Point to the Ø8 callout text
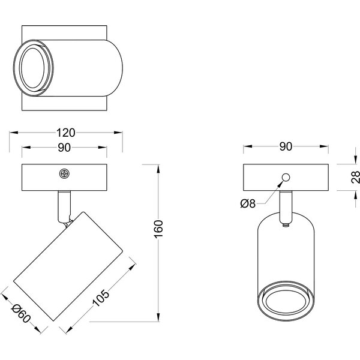pyautogui.click(x=248, y=204)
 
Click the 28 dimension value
pyautogui.click(x=355, y=176)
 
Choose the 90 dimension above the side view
pyautogui.click(x=286, y=146)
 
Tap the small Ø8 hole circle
pyautogui.click(x=286, y=176)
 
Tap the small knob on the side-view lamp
pyautogui.click(x=286, y=225)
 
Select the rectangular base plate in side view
pyautogui.click(x=264, y=176)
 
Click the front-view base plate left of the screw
pyautogui.click(x=39, y=176)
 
